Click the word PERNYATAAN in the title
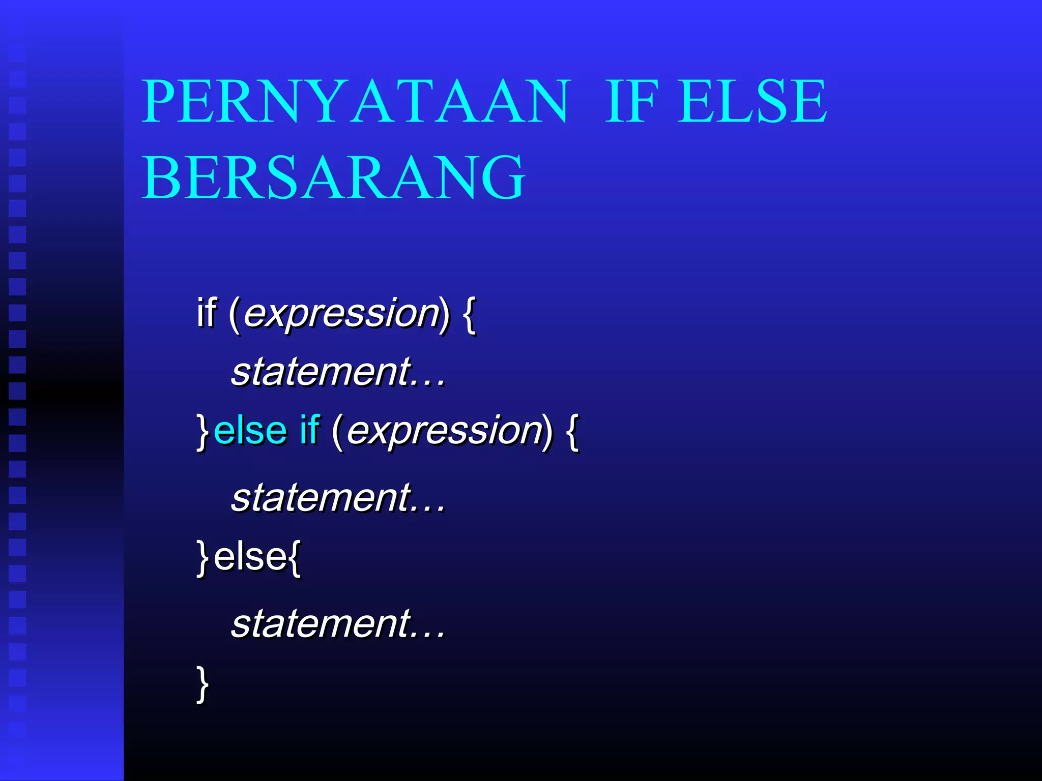[x=355, y=102]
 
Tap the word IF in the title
[x=631, y=102]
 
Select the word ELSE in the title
[x=752, y=102]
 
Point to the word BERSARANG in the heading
[x=333, y=178]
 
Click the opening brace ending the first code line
[x=470, y=315]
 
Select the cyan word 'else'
[x=250, y=431]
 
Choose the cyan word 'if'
[x=309, y=430]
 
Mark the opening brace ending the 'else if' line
[x=572, y=432]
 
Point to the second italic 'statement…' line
[x=338, y=497]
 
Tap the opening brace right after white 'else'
[x=295, y=558]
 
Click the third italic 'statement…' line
[x=338, y=623]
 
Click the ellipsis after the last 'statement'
[x=428, y=635]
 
